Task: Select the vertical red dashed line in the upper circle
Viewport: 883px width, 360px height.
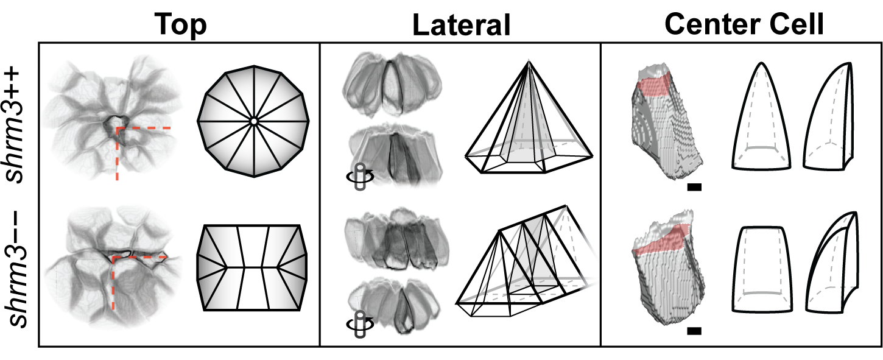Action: [x=118, y=155]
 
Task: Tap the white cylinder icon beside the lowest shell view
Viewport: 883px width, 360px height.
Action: [x=360, y=323]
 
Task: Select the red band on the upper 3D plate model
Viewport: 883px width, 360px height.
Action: [x=654, y=85]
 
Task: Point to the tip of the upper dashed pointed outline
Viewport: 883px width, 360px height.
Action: [x=761, y=65]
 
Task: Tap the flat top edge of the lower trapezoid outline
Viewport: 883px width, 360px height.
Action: [x=758, y=229]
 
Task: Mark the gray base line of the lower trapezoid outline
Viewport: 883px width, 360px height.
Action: [x=759, y=294]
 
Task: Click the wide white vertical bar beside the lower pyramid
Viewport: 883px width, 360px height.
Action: [x=589, y=261]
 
